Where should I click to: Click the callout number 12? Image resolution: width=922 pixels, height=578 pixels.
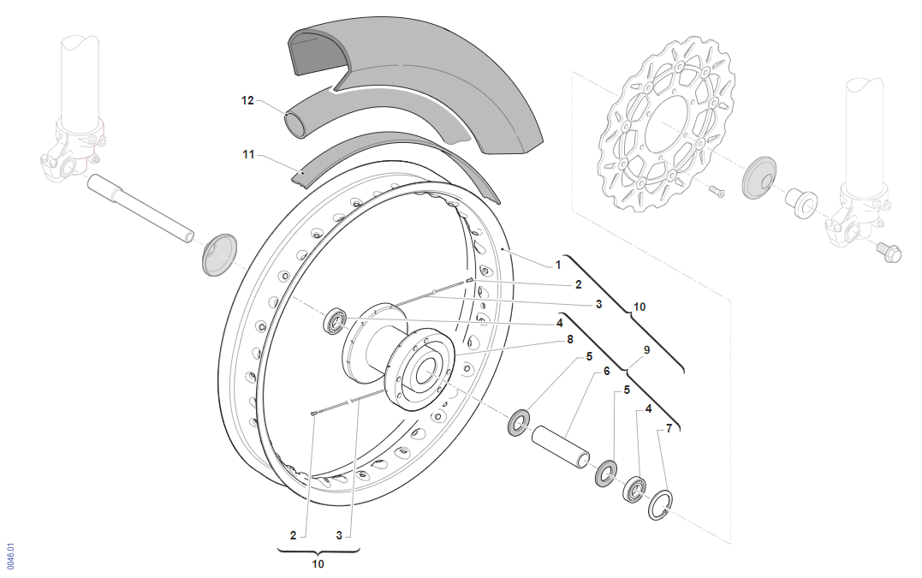tap(247, 101)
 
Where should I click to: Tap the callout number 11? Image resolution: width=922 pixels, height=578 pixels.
tap(248, 155)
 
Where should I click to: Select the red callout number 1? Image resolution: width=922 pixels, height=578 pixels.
tap(557, 265)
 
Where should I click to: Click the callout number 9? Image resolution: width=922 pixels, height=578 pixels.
tap(646, 349)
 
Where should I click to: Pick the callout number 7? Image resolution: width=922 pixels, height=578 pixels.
tap(669, 427)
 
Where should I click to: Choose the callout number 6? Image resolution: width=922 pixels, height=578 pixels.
tap(606, 371)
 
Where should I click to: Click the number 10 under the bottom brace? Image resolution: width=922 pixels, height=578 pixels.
tap(318, 564)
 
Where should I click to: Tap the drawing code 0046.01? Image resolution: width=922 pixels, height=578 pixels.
tap(10, 556)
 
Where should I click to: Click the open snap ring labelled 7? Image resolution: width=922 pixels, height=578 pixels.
tap(661, 505)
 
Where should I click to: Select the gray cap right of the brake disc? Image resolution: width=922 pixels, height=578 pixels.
tap(757, 178)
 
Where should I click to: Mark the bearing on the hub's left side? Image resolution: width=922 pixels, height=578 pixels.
tap(335, 323)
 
